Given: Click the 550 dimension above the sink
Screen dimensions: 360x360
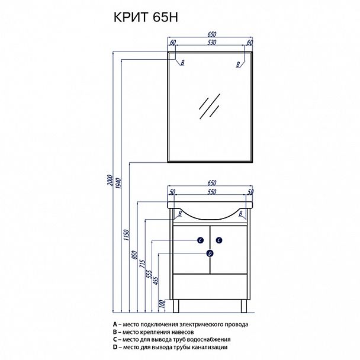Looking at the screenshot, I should click(x=210, y=192).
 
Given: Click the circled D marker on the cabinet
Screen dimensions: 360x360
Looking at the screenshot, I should click(x=210, y=253).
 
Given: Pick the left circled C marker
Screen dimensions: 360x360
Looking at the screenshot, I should click(x=201, y=240).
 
